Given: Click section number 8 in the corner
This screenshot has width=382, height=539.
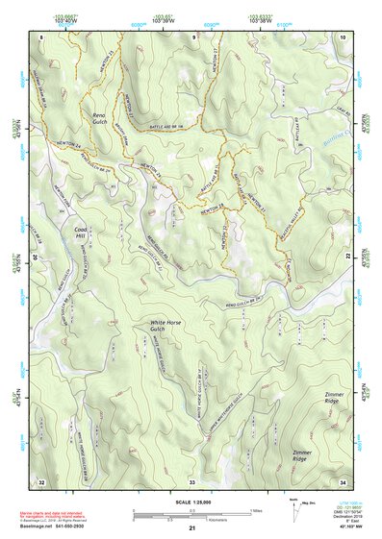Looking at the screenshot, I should tap(41, 36).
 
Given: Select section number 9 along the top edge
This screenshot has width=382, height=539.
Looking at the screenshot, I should tap(192, 36).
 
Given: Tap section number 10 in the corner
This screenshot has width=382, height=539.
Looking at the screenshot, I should tap(344, 36).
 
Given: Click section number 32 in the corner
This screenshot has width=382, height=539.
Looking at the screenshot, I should tap(41, 480).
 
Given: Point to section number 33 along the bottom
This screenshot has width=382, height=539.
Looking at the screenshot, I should tap(192, 480).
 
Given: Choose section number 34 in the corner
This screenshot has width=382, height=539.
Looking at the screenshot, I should tap(344, 480).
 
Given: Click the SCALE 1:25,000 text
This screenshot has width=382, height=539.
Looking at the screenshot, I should tap(191, 500).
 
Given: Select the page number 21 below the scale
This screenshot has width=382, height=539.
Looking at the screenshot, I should tap(191, 528).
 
